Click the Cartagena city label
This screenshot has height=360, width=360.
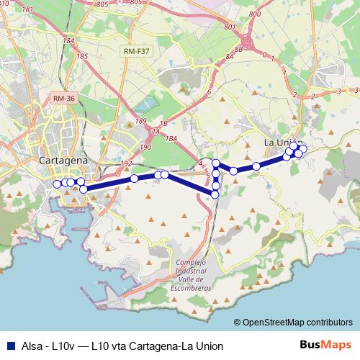(63, 160)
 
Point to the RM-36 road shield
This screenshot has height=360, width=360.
(63, 97)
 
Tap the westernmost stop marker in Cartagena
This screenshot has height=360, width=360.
(58, 184)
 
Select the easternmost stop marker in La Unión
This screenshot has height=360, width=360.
(303, 149)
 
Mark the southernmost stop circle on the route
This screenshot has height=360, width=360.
(215, 194)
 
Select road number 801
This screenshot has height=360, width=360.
(230, 27)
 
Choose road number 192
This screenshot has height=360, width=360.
(127, 163)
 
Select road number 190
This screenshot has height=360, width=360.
(146, 146)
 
